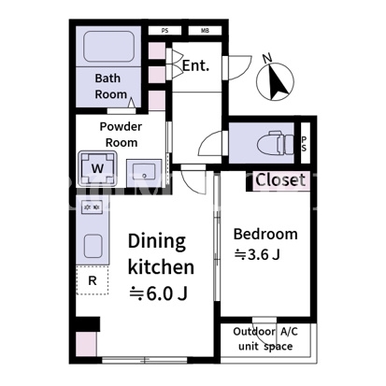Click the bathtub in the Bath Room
(109, 47)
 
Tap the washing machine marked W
(97, 168)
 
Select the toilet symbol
(276, 144)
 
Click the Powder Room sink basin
(144, 173)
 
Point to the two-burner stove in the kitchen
(92, 207)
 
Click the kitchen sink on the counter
(93, 246)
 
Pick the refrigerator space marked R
(93, 280)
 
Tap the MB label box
(205, 31)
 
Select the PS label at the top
(164, 31)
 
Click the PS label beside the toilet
(304, 144)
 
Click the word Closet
(280, 180)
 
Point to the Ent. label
(195, 65)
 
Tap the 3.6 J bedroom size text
(257, 255)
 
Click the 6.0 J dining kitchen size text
(158, 293)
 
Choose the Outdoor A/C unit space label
(265, 339)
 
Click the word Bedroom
(265, 235)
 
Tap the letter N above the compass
(267, 58)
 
